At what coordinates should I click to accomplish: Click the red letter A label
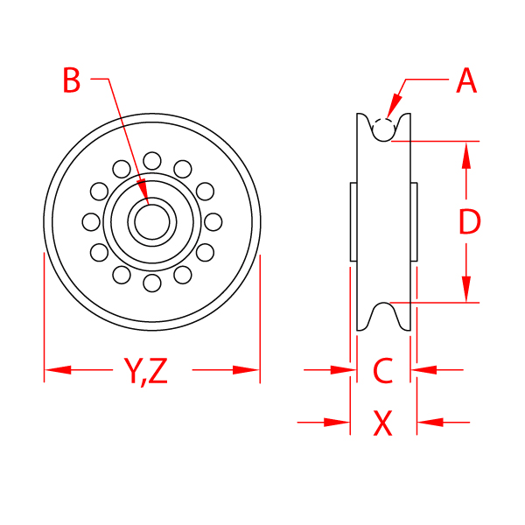[466, 82]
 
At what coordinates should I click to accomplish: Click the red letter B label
[72, 81]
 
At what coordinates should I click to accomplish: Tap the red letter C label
[382, 371]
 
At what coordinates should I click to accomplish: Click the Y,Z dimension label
[145, 371]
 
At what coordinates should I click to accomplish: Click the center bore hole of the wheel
[152, 221]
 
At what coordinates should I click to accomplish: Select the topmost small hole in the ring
[152, 160]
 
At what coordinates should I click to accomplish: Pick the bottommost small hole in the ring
[152, 283]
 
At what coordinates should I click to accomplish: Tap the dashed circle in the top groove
[382, 128]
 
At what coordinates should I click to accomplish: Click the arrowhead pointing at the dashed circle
[395, 95]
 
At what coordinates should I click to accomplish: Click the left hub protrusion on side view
[353, 221]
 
